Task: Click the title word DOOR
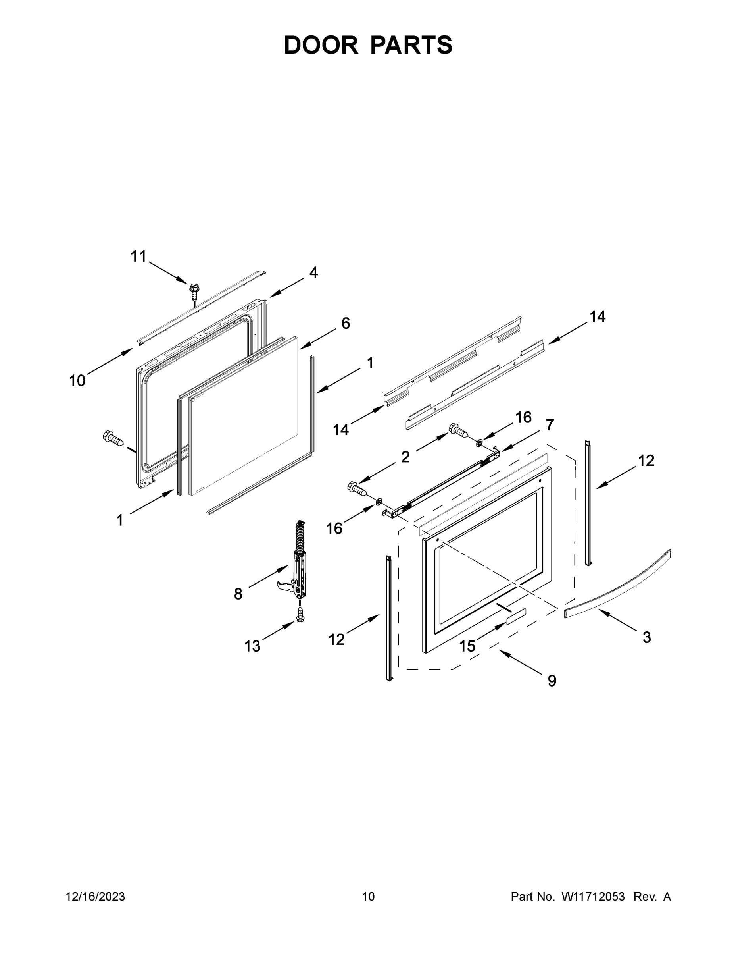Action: coord(321,45)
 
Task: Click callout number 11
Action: coord(138,257)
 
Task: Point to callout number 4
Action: coord(313,273)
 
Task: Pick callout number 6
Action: coord(345,323)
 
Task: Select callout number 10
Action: coord(77,381)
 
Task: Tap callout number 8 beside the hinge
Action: coord(238,594)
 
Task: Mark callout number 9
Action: coord(552,681)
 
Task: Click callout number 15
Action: coord(467,646)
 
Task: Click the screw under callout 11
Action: coord(194,290)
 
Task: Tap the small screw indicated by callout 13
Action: coord(300,616)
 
